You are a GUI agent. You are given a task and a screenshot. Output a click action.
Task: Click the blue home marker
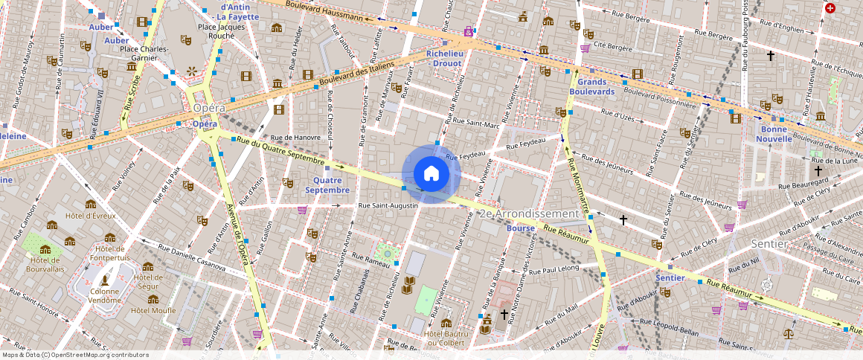(431, 174)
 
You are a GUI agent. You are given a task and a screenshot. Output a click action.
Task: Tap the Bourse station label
(520, 228)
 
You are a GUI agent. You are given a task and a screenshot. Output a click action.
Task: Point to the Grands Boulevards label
(591, 86)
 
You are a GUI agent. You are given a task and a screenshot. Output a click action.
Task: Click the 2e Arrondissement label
(530, 213)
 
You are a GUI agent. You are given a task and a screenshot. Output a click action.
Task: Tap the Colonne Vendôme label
(105, 297)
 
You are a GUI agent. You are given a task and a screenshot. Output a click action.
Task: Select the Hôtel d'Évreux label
(91, 216)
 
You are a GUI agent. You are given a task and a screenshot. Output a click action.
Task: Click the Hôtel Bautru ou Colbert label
(446, 338)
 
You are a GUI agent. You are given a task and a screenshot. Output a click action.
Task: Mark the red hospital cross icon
(830, 8)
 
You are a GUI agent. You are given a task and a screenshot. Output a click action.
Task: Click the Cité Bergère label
(611, 48)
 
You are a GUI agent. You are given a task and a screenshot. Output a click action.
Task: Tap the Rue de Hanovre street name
(295, 137)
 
